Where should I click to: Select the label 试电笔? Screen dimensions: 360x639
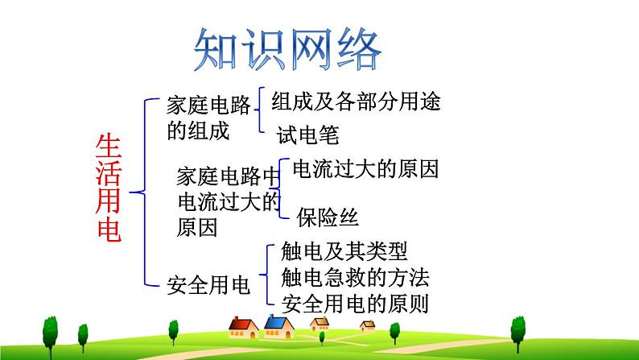pos(307,134)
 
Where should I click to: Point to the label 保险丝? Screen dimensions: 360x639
pos(328,217)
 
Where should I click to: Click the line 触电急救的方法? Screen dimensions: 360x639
pos(356,278)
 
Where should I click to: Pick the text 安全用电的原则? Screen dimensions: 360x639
pos(356,304)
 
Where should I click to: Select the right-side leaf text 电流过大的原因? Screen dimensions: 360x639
pos(366,169)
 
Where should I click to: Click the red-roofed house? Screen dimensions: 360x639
pos(242,326)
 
